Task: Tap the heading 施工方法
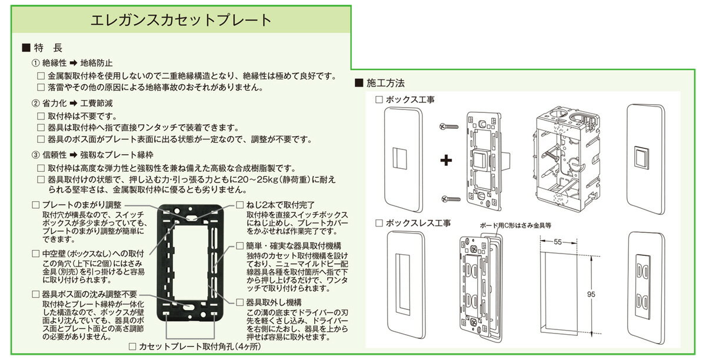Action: [385, 83]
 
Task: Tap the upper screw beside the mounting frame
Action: [448, 126]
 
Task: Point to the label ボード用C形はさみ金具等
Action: [515, 225]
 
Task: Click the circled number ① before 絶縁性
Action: [36, 63]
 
